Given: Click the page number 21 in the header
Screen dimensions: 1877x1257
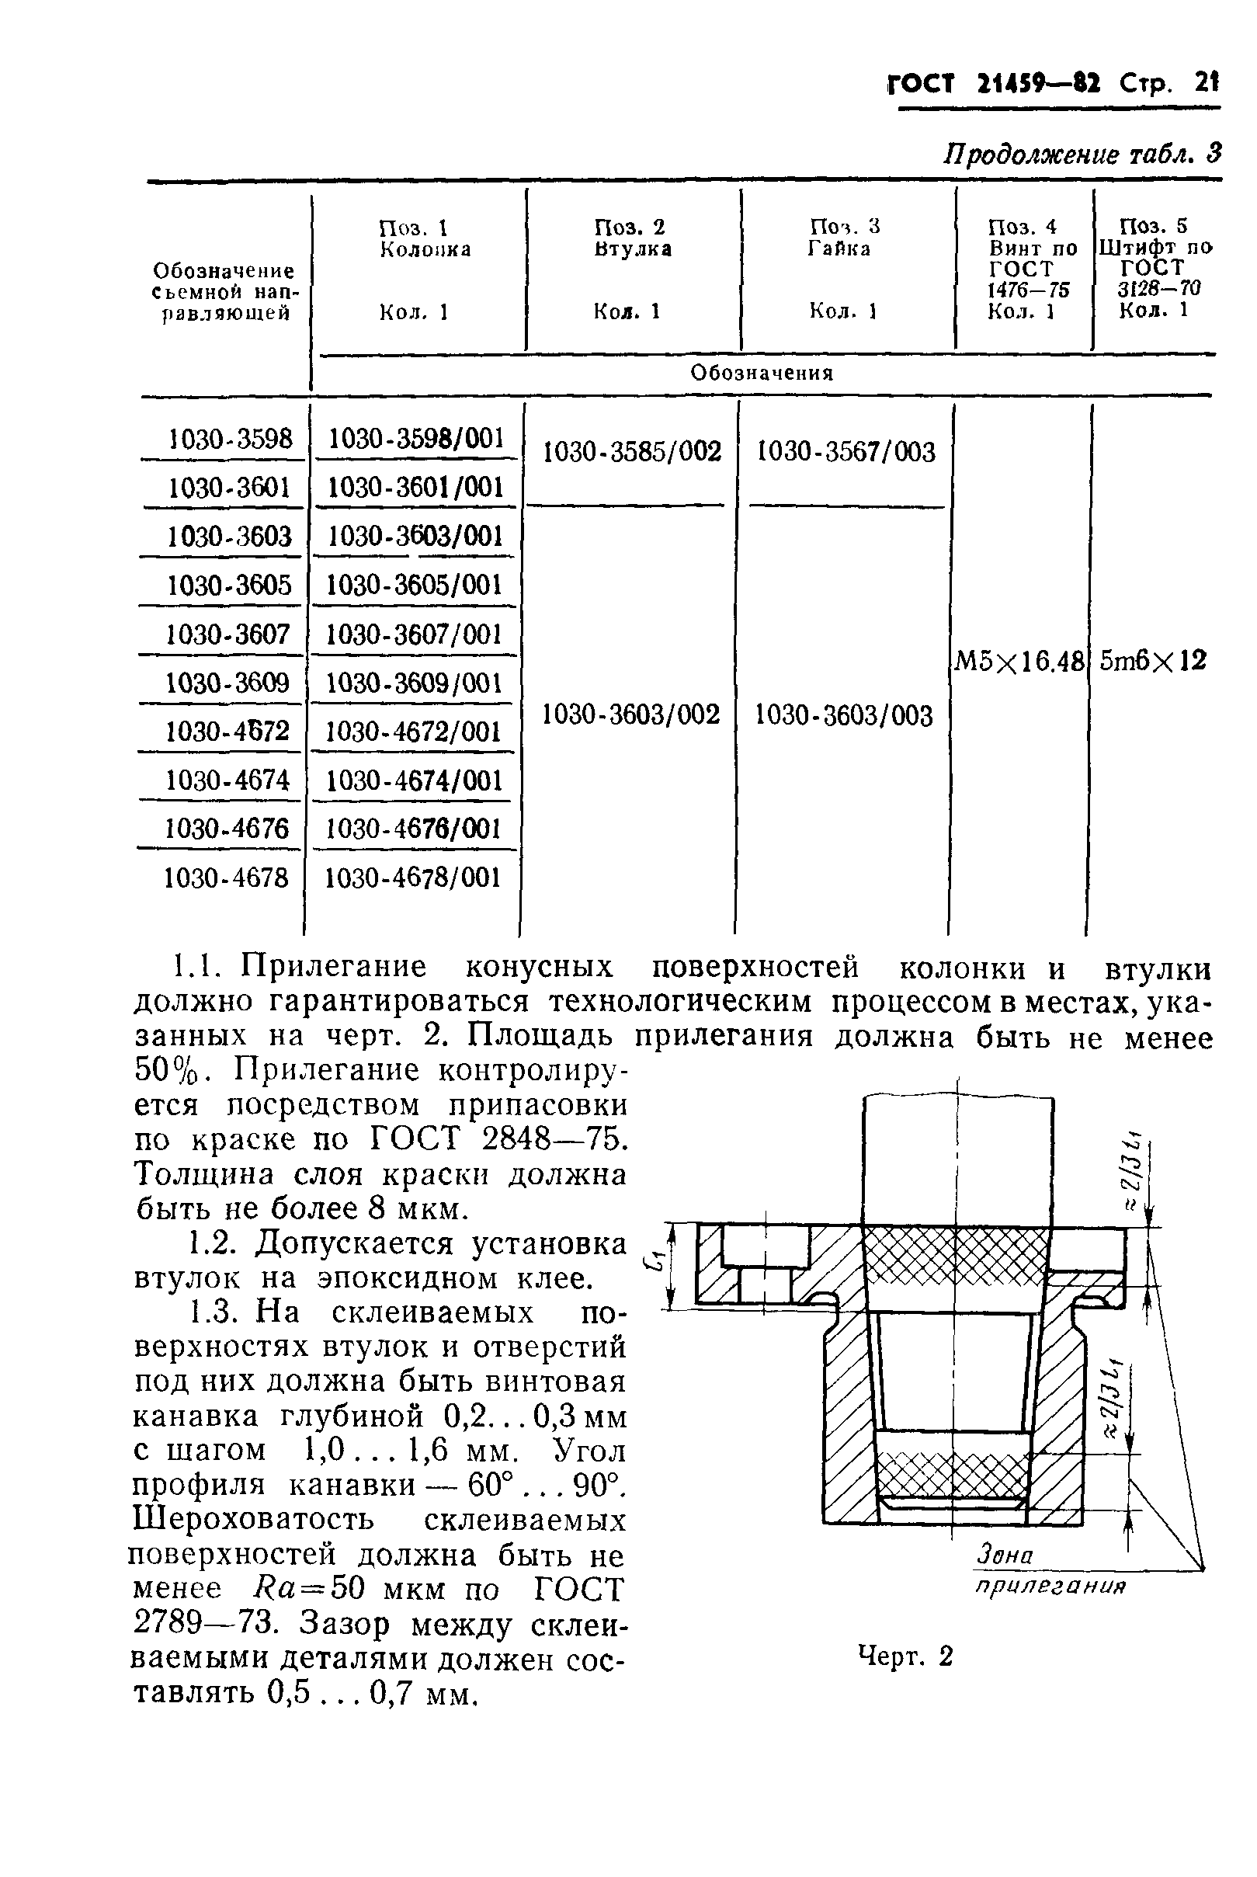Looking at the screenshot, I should coord(1205,82).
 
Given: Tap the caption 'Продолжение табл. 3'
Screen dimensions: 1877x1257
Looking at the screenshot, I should coord(1082,153).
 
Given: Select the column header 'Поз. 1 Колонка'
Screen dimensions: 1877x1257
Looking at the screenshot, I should coord(425,239).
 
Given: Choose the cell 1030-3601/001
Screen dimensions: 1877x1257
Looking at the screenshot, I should coord(416,488).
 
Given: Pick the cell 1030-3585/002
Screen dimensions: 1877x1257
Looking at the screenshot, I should coord(633,452).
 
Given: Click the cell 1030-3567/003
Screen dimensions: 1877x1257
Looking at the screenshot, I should coord(846,452).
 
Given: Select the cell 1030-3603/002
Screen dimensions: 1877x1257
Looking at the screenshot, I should coord(631,714).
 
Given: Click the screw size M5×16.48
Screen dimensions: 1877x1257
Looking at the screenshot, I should coord(1019,662).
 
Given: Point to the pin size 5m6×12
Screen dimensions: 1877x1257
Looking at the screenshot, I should coord(1153,661).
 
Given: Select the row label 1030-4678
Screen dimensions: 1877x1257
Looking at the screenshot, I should coord(226,878).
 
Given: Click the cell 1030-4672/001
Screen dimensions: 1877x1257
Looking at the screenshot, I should coord(414,732).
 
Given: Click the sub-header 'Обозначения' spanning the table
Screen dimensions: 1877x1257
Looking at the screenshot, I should coord(762,373).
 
